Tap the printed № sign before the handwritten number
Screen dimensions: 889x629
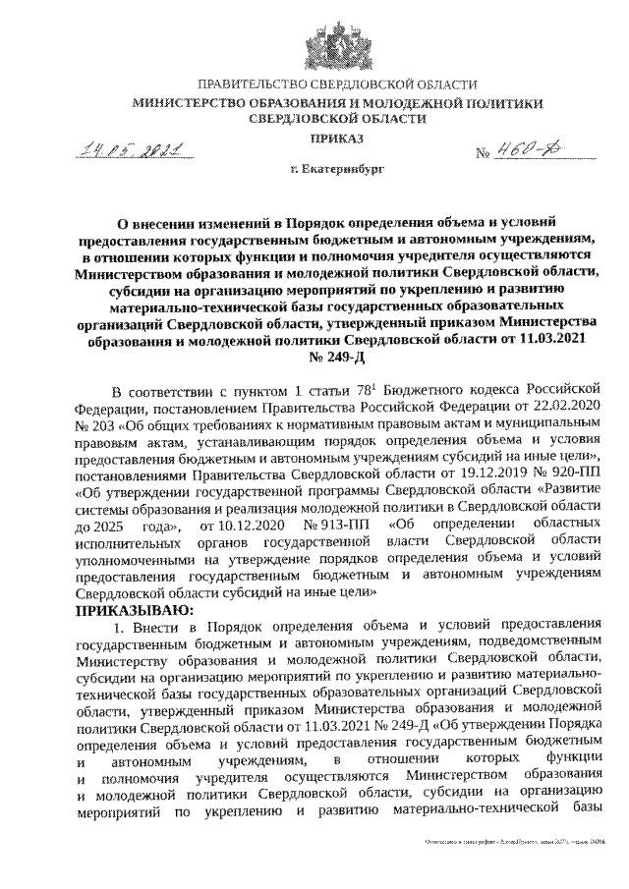(483, 155)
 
